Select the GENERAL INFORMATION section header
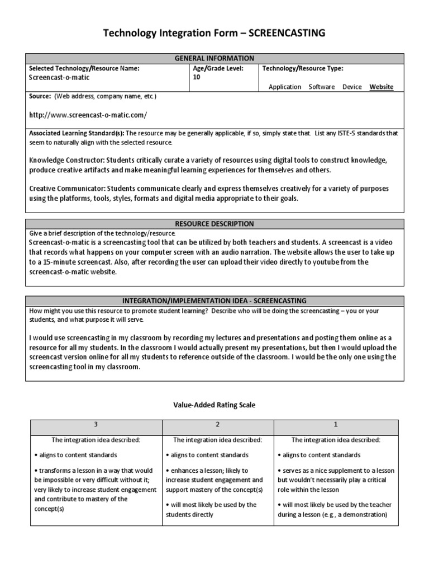coord(214,58)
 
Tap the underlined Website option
coord(382,87)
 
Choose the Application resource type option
coord(285,87)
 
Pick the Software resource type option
coord(322,87)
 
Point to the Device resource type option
coord(352,87)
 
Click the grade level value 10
coord(196,78)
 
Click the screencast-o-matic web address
coord(88,115)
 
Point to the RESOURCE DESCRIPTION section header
coord(214,224)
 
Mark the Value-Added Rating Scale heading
coord(214,405)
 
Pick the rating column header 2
coord(217,425)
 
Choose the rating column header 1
coord(336,425)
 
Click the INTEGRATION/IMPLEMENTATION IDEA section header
coord(214,300)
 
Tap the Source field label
coord(40,96)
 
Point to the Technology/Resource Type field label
coord(303,68)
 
